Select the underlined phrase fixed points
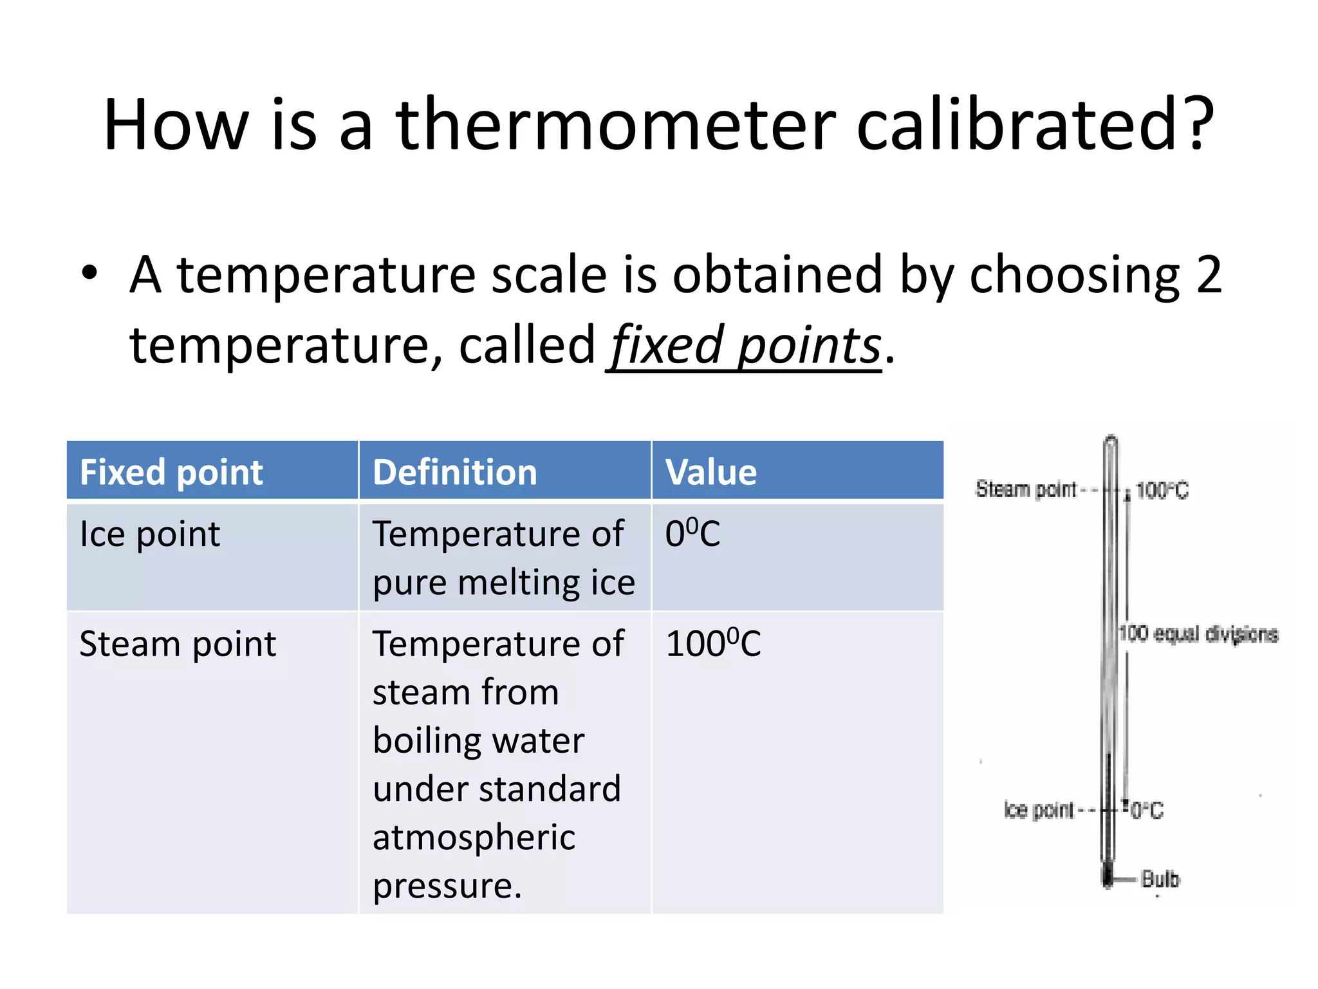(745, 346)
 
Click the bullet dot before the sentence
(89, 272)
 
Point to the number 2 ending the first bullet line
(1208, 275)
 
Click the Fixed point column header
(171, 472)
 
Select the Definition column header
(454, 472)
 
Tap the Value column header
(710, 472)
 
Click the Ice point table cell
(149, 534)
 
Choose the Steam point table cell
(178, 644)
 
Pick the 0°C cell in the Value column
(692, 534)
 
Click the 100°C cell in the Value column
(712, 644)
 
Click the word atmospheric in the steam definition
(474, 838)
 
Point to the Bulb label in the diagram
(1160, 879)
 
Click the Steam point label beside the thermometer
(1025, 489)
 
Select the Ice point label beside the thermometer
(1038, 810)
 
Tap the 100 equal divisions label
(1198, 634)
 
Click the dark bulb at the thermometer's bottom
(1108, 876)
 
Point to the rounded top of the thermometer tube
(1111, 442)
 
